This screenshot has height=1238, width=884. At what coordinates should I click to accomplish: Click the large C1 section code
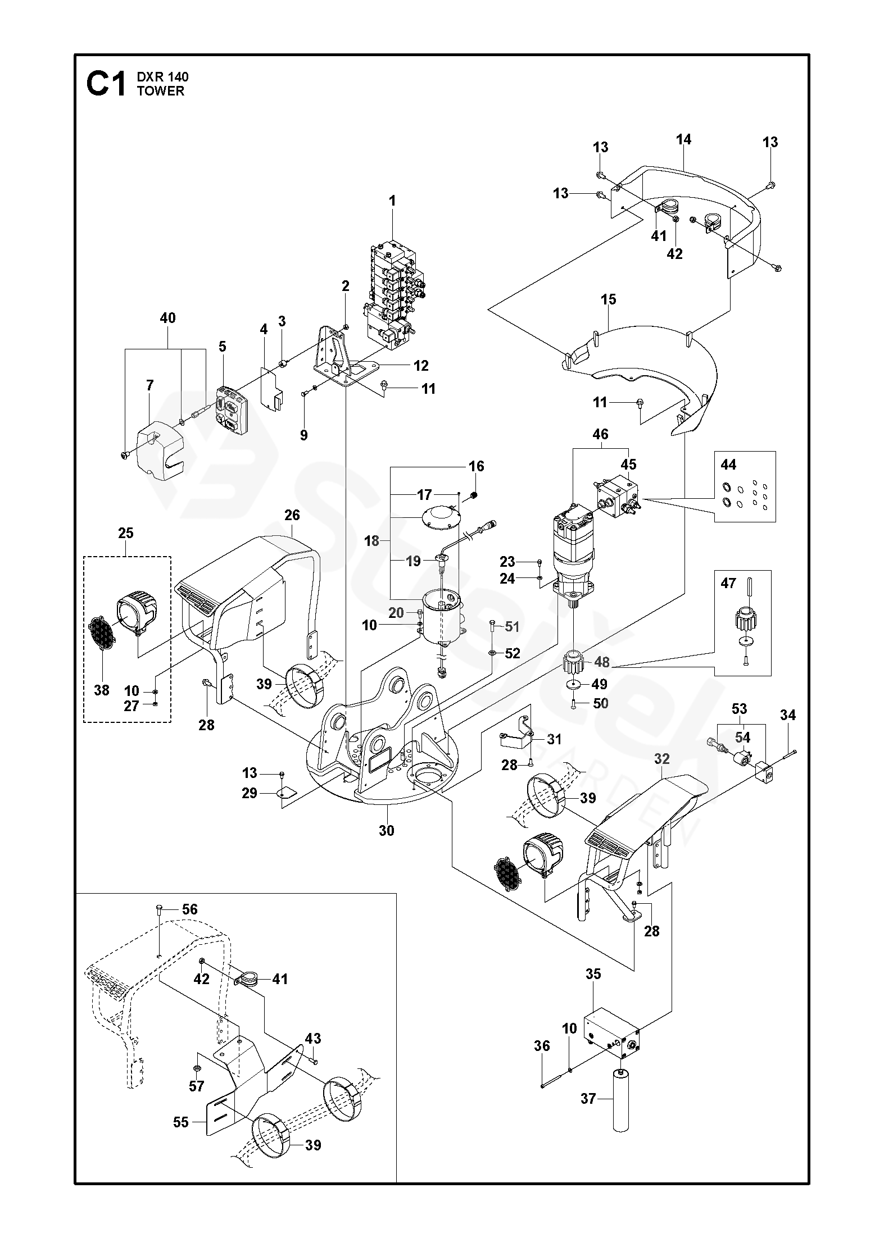tap(106, 84)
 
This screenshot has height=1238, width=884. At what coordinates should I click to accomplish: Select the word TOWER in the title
tap(160, 92)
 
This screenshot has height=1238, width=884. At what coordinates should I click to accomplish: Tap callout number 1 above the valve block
tap(392, 201)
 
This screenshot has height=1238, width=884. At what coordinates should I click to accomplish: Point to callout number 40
tap(167, 318)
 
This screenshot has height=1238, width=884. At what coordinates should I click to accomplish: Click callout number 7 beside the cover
tap(149, 385)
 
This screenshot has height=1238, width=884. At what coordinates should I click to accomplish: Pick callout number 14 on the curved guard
tap(683, 139)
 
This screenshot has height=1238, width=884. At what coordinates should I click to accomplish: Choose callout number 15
tap(608, 299)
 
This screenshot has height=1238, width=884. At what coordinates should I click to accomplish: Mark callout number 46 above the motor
tap(600, 434)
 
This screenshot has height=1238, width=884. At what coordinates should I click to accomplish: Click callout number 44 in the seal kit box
tap(728, 464)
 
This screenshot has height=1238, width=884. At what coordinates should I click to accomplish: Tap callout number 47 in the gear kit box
tap(728, 583)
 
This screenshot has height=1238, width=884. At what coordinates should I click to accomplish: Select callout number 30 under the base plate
tap(387, 830)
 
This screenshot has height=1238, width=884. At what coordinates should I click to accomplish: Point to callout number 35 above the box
tap(593, 974)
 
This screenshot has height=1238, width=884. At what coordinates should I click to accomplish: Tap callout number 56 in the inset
tap(190, 909)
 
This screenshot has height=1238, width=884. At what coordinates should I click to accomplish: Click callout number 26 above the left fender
tap(292, 515)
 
